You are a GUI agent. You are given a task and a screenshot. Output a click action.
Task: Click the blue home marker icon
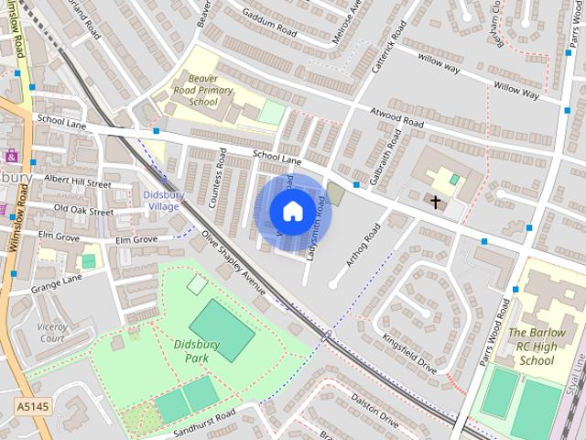tap(291, 212)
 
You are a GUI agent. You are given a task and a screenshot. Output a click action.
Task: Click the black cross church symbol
tap(436, 201)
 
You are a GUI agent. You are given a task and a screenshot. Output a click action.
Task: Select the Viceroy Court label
tap(52, 332)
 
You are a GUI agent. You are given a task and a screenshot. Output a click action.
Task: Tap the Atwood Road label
tap(396, 117)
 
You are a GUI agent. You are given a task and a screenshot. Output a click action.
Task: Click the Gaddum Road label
tap(266, 25)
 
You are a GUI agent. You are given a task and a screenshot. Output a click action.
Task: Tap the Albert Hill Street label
tap(77, 182)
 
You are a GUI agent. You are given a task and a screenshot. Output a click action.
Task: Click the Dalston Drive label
tap(375, 412)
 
